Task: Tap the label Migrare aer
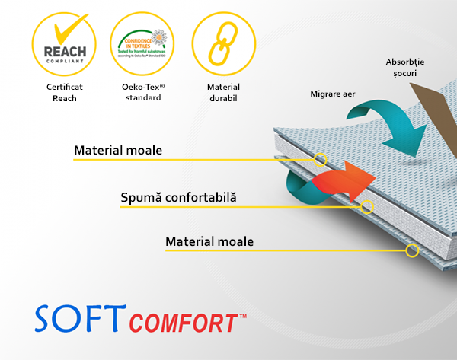(x=333, y=94)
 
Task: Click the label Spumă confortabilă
(x=178, y=198)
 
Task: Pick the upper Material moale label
(x=118, y=150)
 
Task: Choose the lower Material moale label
(x=209, y=242)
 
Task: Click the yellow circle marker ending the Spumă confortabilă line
(x=367, y=206)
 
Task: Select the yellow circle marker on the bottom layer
(x=412, y=250)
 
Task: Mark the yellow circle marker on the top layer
(x=321, y=159)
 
